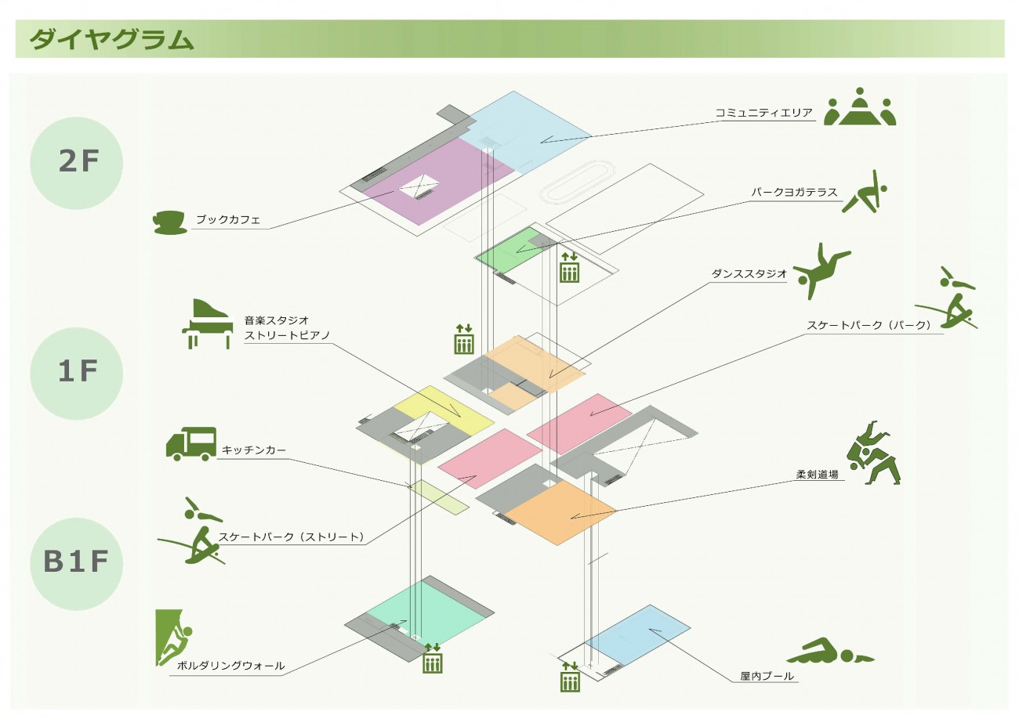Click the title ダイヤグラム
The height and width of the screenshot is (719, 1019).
[x=111, y=39]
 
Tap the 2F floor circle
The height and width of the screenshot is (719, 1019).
[x=77, y=162]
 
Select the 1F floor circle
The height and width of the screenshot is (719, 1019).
[x=77, y=374]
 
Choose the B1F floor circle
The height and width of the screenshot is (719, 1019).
[x=77, y=563]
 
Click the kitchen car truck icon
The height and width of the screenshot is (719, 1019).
[x=191, y=443]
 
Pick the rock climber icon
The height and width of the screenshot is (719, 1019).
[x=174, y=638]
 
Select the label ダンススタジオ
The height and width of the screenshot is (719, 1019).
[x=749, y=274]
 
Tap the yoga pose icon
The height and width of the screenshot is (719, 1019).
[x=865, y=192]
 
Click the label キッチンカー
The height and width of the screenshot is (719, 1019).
[x=254, y=450]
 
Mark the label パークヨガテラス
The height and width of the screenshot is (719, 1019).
[x=794, y=192]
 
